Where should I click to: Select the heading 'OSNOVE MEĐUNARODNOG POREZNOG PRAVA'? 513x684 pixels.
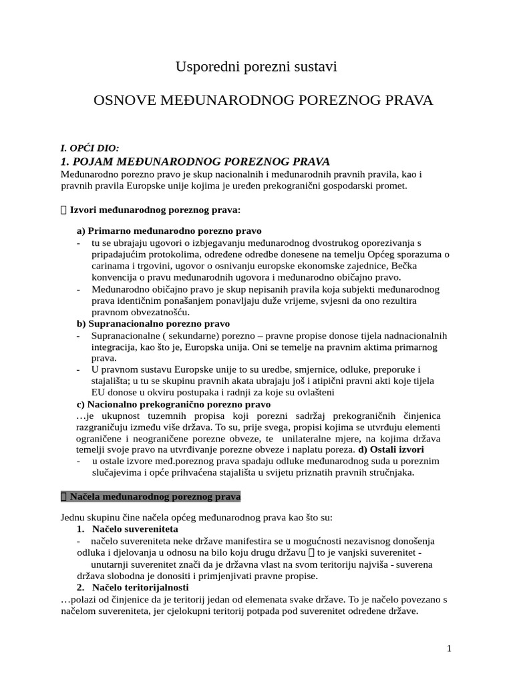pyautogui.click(x=263, y=100)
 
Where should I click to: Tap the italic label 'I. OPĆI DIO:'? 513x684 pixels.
pyautogui.click(x=90, y=148)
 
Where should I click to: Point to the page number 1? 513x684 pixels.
pyautogui.click(x=450, y=648)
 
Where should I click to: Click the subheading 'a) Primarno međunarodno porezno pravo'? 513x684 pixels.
pyautogui.click(x=169, y=230)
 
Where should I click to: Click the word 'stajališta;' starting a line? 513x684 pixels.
pyautogui.click(x=114, y=381)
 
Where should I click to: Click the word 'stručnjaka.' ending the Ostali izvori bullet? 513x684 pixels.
pyautogui.click(x=389, y=472)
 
